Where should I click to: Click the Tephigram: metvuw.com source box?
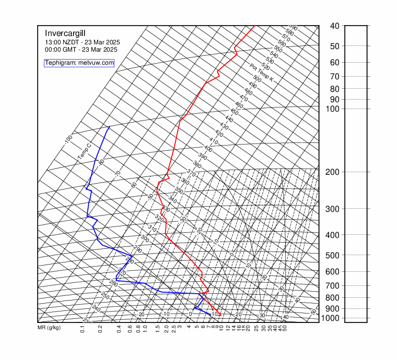(x=79, y=63)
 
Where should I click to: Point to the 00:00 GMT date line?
(x=81, y=50)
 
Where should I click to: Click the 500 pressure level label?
(x=334, y=255)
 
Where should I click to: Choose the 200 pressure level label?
(x=334, y=172)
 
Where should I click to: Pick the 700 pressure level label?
(x=334, y=285)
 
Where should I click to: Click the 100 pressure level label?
(x=334, y=109)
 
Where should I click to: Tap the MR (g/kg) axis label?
(x=49, y=328)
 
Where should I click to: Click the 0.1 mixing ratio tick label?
(x=83, y=329)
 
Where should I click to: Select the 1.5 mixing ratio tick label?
(x=158, y=329)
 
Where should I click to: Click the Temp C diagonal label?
(x=85, y=151)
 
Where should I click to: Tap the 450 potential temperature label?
(x=234, y=112)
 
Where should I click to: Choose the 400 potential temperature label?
(x=208, y=149)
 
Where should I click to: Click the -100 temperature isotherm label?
(x=68, y=140)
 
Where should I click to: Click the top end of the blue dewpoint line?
(x=109, y=127)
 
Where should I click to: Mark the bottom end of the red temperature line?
(x=219, y=315)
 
